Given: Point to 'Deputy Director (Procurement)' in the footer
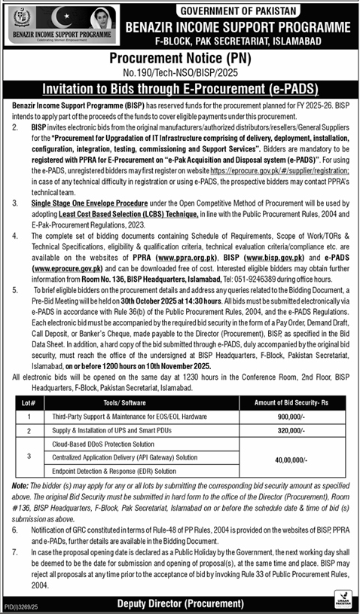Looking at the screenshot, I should (180, 604).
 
